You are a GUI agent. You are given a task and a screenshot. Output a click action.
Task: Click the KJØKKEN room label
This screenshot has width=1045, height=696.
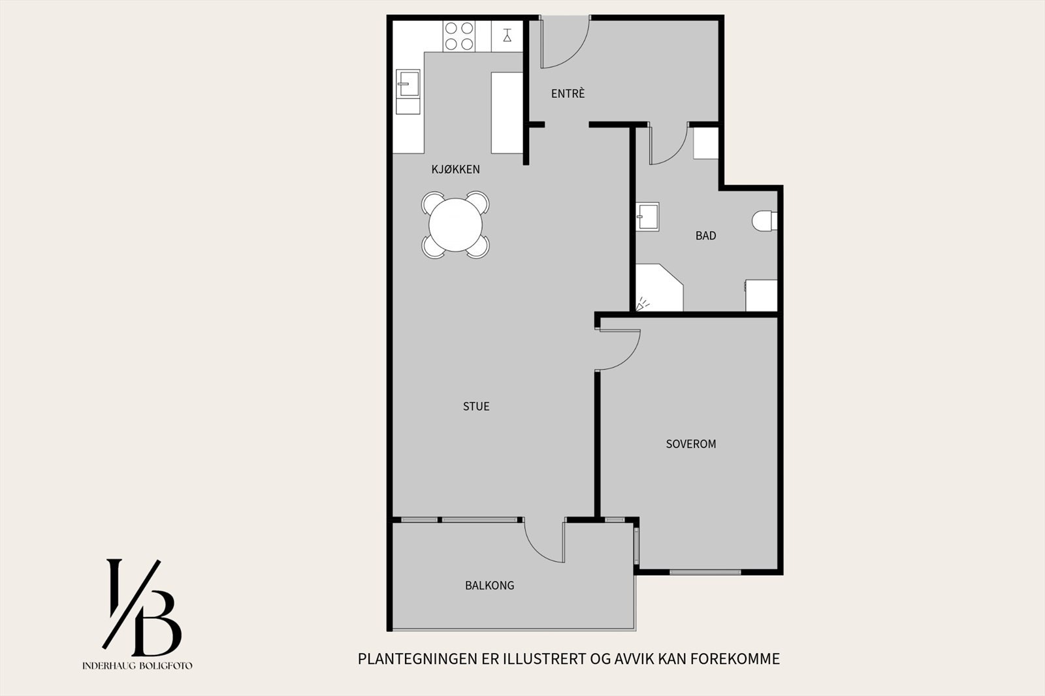455,170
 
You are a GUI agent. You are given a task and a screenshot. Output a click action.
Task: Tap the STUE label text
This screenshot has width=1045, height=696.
476,406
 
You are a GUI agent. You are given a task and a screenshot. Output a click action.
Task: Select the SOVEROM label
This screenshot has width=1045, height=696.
691,444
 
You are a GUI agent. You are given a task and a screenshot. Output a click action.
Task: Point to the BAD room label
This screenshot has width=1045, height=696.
705,236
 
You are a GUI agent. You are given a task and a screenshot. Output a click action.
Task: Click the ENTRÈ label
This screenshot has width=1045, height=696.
568,94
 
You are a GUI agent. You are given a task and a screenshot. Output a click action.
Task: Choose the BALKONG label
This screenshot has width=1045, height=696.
489,586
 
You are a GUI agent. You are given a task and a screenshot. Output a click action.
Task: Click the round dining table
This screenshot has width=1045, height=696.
456,225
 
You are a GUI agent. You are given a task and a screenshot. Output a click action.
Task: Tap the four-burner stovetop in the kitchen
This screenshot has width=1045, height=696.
458,36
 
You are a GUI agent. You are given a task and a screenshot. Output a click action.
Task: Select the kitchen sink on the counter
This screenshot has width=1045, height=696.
408,83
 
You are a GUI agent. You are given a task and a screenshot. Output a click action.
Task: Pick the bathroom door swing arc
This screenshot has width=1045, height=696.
668,146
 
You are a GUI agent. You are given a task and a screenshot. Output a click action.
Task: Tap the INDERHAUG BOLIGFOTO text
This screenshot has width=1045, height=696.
137,666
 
